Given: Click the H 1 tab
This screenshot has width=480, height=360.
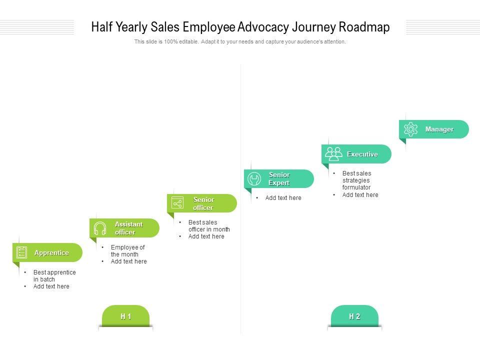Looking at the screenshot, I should (125, 316).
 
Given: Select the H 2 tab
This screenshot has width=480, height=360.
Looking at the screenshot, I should (354, 316).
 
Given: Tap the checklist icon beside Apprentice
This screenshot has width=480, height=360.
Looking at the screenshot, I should (22, 252).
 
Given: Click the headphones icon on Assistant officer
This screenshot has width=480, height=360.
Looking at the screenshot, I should (100, 228).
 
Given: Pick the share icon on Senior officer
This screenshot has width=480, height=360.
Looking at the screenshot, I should (177, 203).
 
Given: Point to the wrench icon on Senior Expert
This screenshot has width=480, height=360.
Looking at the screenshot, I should (254, 179).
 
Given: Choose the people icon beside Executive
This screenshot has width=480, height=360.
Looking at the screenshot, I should (333, 153).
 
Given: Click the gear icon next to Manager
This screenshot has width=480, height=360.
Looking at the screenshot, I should (410, 129).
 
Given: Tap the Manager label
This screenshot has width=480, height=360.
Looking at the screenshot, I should (439, 129).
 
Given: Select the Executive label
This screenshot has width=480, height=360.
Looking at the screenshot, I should (362, 154).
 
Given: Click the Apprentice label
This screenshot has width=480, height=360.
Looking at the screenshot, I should (51, 253).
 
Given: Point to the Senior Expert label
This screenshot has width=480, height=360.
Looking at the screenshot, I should (279, 179).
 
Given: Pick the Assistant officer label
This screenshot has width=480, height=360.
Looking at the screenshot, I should (128, 228).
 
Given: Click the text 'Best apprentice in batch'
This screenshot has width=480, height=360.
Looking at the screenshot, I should (54, 276).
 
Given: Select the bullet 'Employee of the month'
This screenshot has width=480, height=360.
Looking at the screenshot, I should (127, 251).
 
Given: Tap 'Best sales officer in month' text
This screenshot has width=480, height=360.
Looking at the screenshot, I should (208, 226).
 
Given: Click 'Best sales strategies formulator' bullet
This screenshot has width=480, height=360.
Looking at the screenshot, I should (356, 180).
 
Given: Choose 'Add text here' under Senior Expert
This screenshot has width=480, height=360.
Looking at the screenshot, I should (283, 198).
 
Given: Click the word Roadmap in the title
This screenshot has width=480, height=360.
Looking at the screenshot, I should (364, 27).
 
